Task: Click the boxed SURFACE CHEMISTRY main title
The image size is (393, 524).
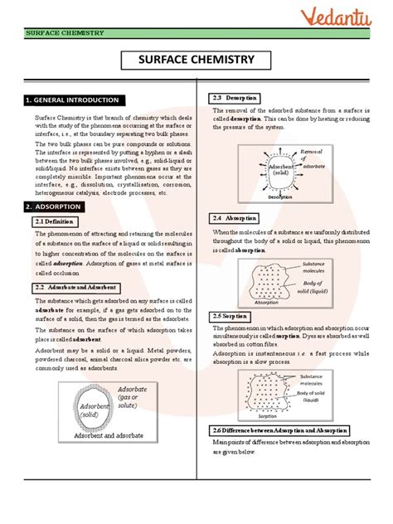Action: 196,61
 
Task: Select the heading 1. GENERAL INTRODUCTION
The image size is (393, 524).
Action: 72,100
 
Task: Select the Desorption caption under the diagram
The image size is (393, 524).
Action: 285,197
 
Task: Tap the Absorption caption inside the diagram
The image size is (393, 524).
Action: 266,303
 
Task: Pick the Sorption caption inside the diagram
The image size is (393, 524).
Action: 266,416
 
